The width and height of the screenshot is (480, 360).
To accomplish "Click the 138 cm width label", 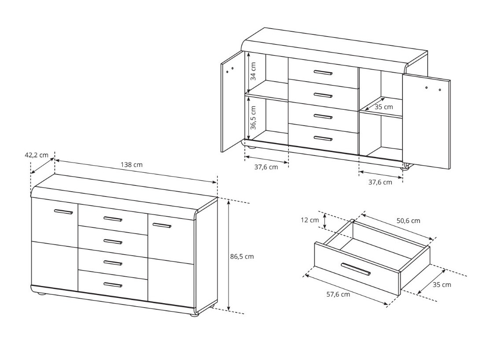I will [132, 165].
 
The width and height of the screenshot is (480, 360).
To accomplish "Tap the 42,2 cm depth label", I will [36, 155].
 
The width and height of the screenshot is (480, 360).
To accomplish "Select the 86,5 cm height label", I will [242, 256].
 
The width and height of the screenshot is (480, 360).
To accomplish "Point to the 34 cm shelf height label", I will [253, 71].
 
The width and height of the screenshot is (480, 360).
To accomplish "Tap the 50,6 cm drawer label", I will [408, 220].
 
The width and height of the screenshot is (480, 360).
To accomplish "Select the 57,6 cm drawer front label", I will [338, 294].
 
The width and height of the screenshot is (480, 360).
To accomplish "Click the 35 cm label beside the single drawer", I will [442, 285].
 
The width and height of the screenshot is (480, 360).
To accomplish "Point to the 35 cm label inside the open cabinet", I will [384, 107].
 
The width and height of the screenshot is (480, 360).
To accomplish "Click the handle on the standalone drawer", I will [356, 269].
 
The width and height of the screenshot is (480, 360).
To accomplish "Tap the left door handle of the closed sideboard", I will [63, 212].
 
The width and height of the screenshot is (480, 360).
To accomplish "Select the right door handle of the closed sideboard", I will [162, 226].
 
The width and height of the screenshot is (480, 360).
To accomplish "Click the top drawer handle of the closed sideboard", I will [113, 219].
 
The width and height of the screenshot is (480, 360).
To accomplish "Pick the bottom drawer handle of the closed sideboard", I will [113, 285].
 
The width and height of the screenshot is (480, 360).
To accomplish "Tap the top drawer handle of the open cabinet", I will [323, 73].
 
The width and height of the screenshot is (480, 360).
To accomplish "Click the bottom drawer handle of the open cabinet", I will [323, 138].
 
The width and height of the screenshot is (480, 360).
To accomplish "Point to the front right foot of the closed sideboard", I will [194, 315].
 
